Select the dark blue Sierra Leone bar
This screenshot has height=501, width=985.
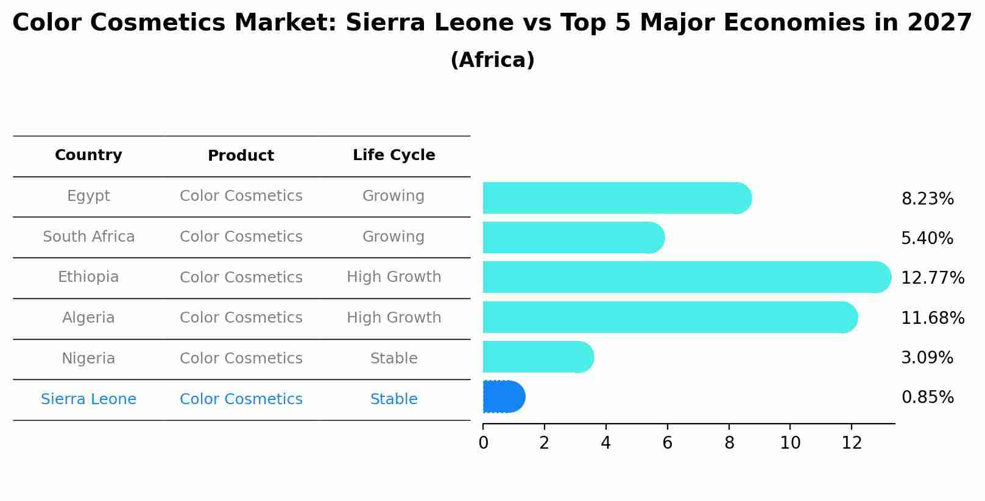(x=503, y=397)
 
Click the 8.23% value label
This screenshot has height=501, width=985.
(x=927, y=199)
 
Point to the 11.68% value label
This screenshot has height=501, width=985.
(x=932, y=318)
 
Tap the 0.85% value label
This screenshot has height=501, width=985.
(x=927, y=398)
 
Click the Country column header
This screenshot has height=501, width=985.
(x=88, y=155)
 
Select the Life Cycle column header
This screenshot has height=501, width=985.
(x=394, y=155)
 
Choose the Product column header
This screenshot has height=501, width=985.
(x=241, y=156)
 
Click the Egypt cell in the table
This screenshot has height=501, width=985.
(x=88, y=196)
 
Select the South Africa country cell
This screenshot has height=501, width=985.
(x=88, y=237)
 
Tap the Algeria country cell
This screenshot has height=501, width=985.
(x=88, y=318)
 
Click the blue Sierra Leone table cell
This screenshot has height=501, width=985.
(x=88, y=399)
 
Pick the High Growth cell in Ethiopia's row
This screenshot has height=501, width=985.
(x=394, y=277)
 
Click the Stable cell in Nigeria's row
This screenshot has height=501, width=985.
(x=394, y=359)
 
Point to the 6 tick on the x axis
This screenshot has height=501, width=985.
(x=667, y=443)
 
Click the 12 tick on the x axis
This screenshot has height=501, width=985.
(x=852, y=443)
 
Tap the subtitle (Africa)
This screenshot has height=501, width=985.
(x=492, y=60)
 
